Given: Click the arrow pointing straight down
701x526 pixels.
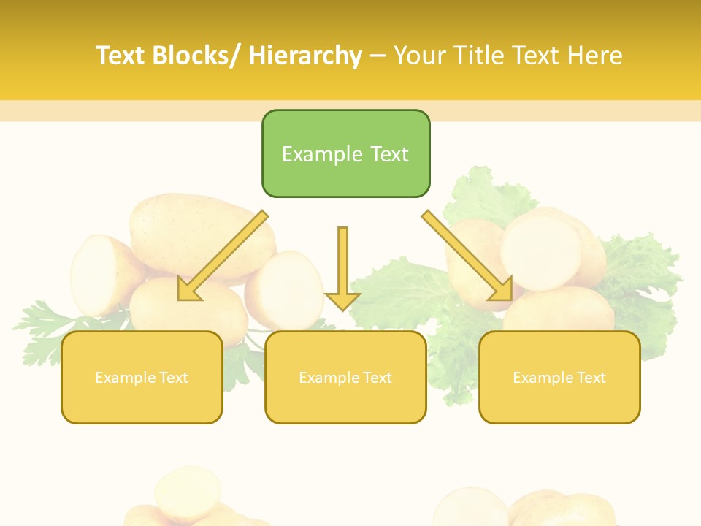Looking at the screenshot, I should tap(342, 263).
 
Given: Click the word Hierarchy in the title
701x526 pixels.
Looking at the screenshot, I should tap(305, 56).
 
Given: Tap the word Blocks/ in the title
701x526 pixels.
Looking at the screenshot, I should tap(196, 56).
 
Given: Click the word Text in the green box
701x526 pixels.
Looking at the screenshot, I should tap(388, 154).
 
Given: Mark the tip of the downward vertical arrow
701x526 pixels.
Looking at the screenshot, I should tap(342, 309).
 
